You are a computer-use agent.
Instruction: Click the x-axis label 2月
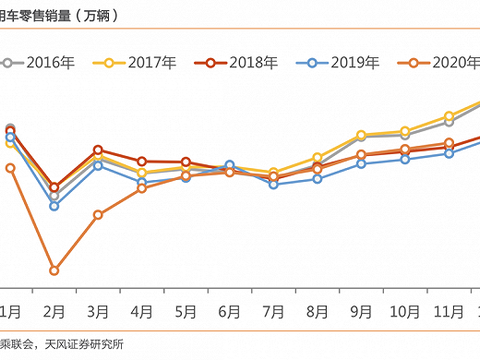click(x=54, y=312)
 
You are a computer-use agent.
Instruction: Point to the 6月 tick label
click(x=229, y=312)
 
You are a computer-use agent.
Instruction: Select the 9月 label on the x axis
click(x=361, y=312)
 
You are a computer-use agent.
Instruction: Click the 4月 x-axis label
click(x=142, y=312)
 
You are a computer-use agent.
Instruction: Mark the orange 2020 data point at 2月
click(x=54, y=271)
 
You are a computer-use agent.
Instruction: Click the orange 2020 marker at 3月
click(x=98, y=215)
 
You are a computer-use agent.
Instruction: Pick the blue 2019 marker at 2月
click(x=54, y=206)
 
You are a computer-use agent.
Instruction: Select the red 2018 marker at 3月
click(x=98, y=149)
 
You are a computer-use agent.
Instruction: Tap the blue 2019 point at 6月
click(x=229, y=165)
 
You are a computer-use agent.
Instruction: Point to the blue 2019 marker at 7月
click(x=273, y=184)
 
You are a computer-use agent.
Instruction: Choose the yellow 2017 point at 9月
click(x=361, y=134)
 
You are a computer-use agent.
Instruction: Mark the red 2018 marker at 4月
click(x=142, y=161)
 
